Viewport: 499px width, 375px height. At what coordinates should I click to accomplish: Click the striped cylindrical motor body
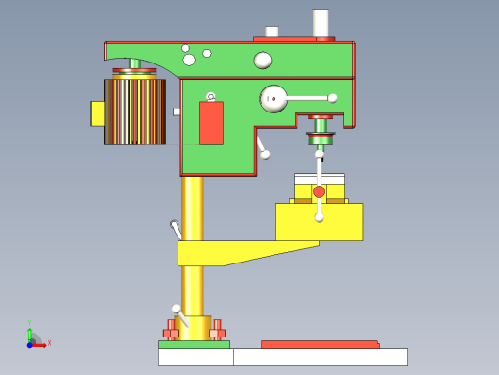134,112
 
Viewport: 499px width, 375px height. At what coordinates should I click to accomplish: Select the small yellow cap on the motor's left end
97,113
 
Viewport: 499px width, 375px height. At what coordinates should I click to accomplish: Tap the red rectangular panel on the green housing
211,123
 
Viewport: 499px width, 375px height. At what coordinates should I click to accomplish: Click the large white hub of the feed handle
273,98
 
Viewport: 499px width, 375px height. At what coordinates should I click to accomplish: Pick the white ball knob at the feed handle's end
332,98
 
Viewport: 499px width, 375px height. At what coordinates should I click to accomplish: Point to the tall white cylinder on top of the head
321,22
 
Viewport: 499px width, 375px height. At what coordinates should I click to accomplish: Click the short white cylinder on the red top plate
272,32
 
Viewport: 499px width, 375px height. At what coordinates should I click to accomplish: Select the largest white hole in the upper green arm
263,61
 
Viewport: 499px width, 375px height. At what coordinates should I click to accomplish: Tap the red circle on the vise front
319,191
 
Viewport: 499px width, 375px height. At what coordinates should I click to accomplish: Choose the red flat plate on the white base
320,344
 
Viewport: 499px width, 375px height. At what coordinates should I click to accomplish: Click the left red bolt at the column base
172,332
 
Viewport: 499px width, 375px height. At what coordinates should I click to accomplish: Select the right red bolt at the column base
218,332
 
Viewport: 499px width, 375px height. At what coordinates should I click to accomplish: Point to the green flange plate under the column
194,344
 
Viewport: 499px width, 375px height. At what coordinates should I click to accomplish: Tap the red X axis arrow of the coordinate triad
41,344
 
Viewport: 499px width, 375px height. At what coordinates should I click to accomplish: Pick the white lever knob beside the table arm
175,226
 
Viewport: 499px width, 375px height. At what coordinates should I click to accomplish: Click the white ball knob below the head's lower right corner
265,154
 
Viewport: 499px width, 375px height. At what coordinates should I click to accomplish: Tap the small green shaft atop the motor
134,63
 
